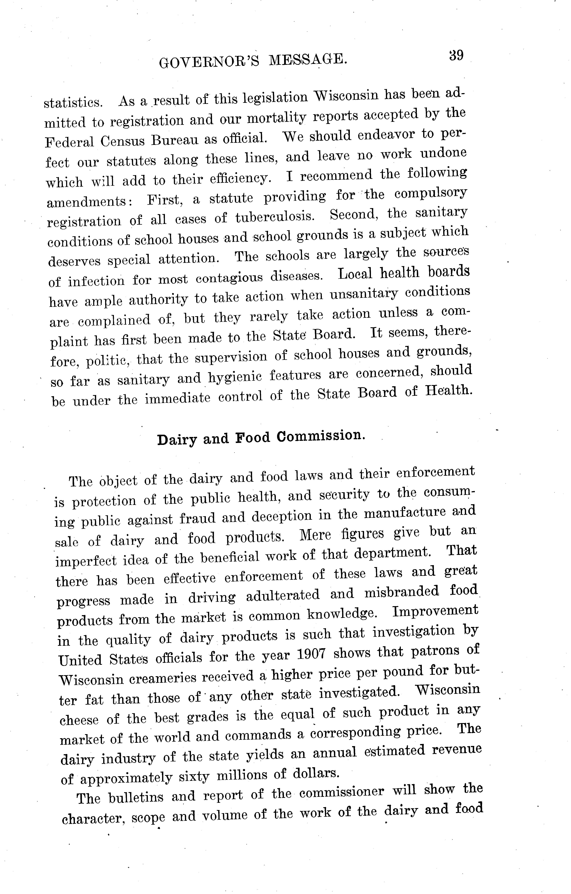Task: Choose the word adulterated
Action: point(283,596)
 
